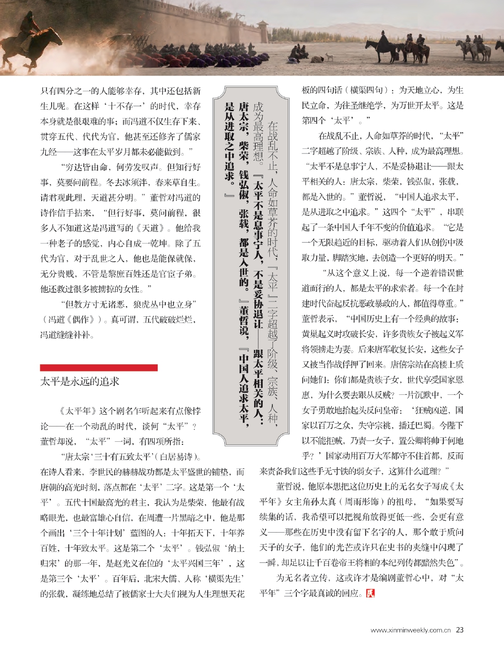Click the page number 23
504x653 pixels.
pos(460,630)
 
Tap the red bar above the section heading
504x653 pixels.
pos(98,367)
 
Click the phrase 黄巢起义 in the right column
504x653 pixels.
pos(318,335)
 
